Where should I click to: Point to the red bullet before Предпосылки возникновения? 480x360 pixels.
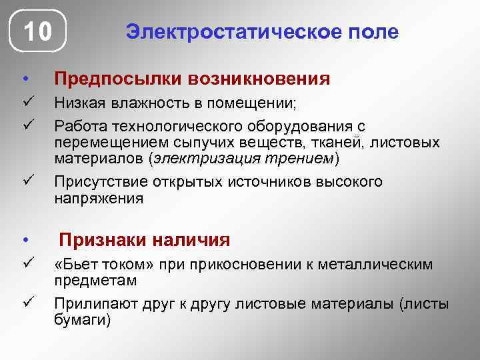[x=24, y=80]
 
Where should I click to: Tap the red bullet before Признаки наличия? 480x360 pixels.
[x=24, y=240]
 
